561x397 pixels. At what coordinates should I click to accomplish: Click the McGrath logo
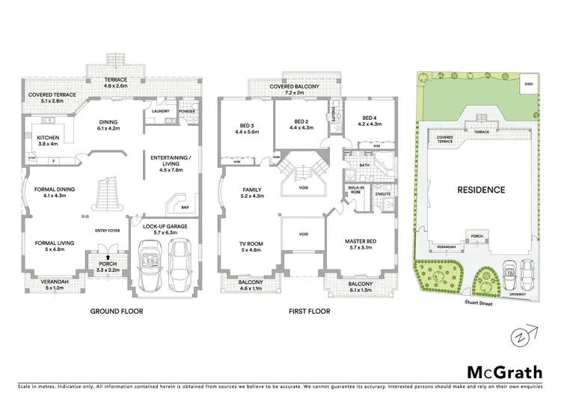(500, 372)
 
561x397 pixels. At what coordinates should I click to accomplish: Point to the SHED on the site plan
(529, 84)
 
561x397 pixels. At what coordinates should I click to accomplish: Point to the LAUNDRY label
(161, 112)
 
